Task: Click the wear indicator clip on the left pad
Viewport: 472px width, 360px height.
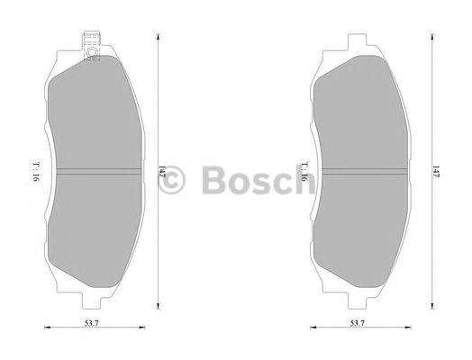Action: tap(90, 46)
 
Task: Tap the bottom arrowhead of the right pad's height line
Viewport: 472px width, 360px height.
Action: tap(430, 304)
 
